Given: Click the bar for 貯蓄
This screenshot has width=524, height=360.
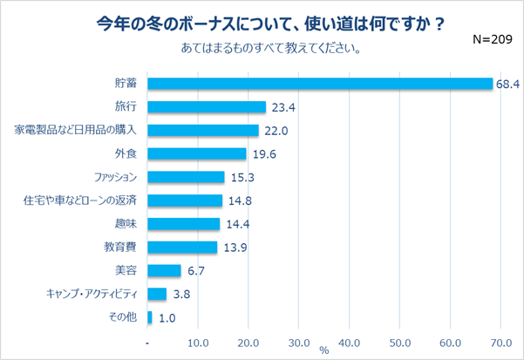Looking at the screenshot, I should tap(320, 84).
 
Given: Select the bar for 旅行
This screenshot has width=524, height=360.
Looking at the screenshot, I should tap(207, 107).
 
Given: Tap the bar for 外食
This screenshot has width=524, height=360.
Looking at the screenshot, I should tap(197, 153).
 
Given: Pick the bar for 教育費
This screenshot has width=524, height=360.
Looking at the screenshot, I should tap(182, 247).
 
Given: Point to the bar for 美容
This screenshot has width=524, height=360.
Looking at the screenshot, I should tap(165, 270).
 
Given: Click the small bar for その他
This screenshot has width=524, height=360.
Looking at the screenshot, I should tap(150, 317).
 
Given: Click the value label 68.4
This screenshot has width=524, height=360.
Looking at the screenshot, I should tap(507, 85).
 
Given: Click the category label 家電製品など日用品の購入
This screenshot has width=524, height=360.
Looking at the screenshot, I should tap(78, 130).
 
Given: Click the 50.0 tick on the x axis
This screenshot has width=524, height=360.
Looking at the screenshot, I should tap(400, 342).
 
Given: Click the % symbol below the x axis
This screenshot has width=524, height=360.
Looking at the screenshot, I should tap(323, 350).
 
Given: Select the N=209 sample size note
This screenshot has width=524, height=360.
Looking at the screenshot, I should tap(491, 39).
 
